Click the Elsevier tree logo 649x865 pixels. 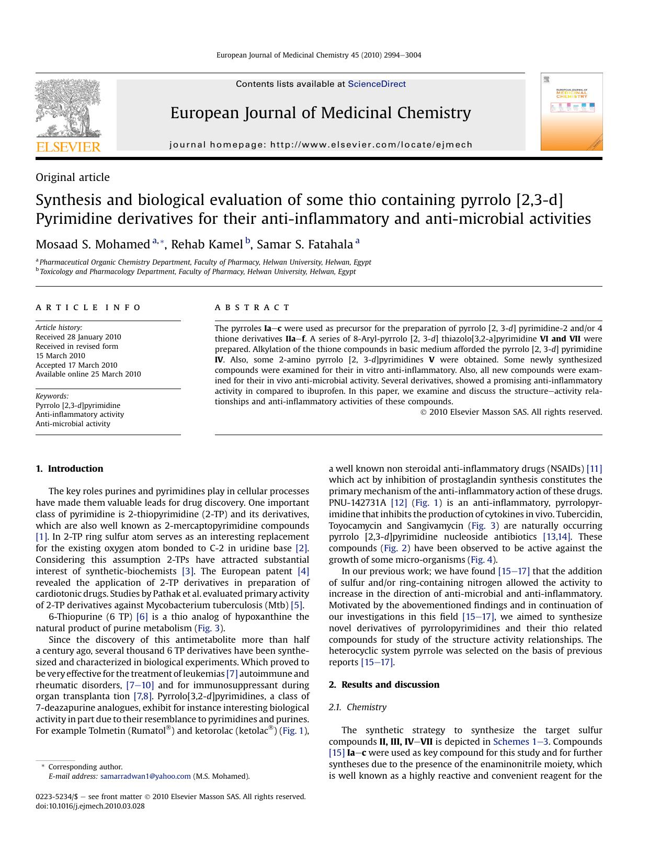[68, 108]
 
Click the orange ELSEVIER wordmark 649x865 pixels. [68, 147]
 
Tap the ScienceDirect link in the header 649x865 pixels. [377, 84]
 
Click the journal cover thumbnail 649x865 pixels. [572, 111]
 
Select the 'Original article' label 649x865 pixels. [73, 177]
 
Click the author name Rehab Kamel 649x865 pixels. [207, 244]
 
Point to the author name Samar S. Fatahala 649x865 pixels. [305, 244]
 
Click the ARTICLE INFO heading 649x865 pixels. [88, 308]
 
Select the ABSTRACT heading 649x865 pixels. [252, 308]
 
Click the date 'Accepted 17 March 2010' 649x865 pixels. [76, 365]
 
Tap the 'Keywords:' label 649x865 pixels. [52, 396]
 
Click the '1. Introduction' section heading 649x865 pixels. [70, 469]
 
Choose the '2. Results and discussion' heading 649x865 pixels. [384, 685]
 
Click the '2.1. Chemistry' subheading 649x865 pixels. [358, 707]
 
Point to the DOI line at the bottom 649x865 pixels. [90, 806]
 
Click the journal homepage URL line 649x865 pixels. [321, 145]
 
